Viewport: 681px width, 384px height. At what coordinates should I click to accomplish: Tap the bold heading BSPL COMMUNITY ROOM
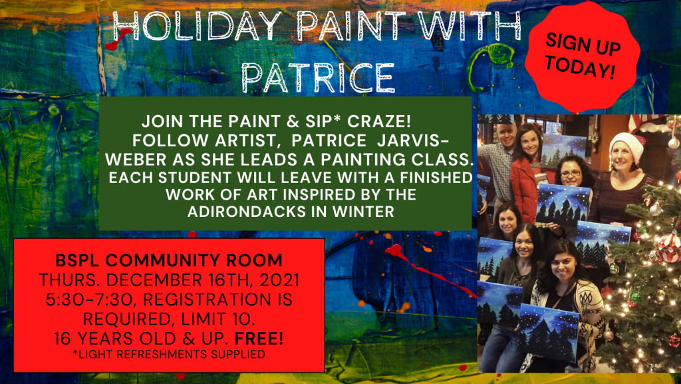169,260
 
